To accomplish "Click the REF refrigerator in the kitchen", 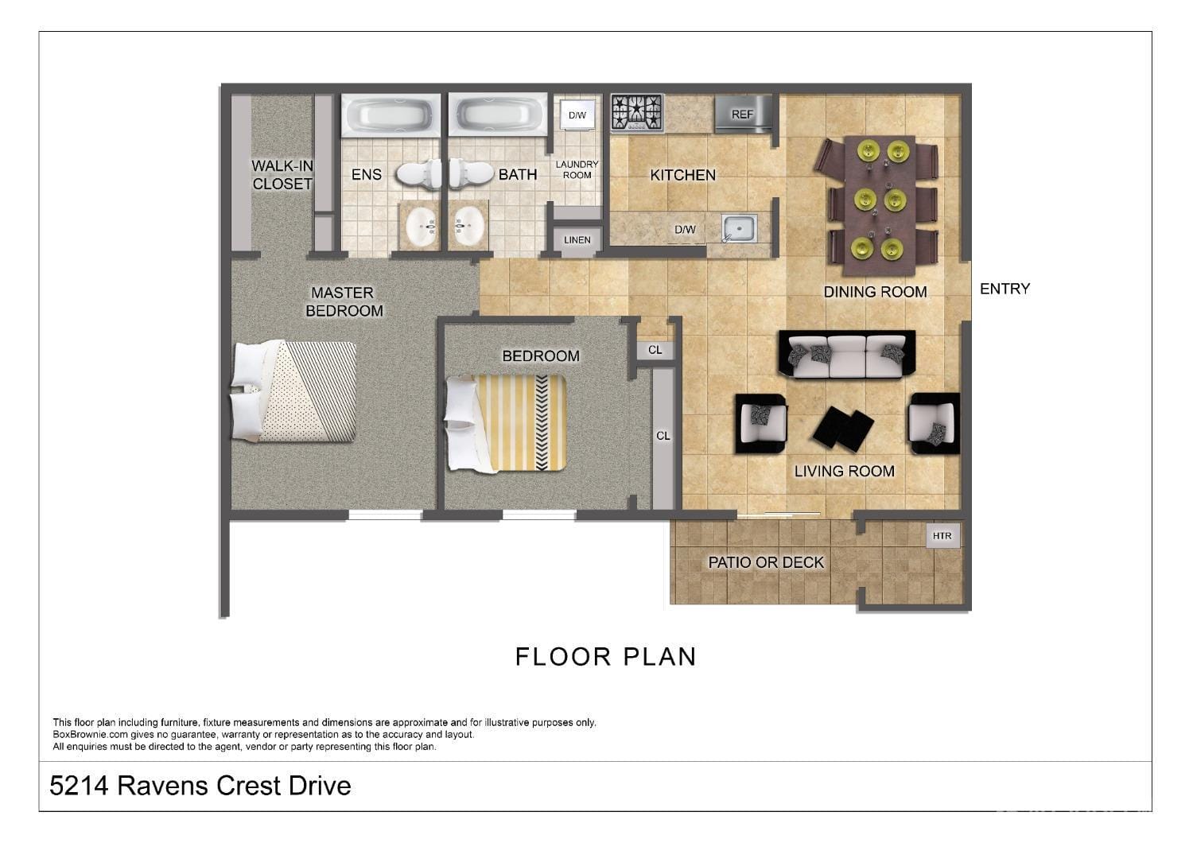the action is (742, 114).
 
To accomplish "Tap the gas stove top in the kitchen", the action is (636, 112).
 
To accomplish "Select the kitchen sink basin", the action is (739, 228).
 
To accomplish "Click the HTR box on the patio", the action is (942, 536).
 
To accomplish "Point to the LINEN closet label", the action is (577, 240).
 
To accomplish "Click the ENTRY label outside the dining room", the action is (1005, 289).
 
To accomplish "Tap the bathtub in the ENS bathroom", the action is (391, 115).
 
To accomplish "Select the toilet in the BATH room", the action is (472, 174).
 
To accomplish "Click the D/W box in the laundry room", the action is (577, 115).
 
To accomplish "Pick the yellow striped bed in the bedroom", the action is (505, 423).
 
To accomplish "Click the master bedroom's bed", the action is (293, 391).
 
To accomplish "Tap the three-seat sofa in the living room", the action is (847, 355).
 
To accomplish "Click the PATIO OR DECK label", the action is (766, 562).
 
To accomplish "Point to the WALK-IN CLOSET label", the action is (282, 175).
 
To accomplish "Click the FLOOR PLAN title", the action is (605, 657).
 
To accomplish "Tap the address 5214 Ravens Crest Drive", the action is (200, 786).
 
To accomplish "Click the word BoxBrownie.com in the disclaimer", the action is (90, 734).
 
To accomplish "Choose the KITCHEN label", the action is (682, 175).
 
